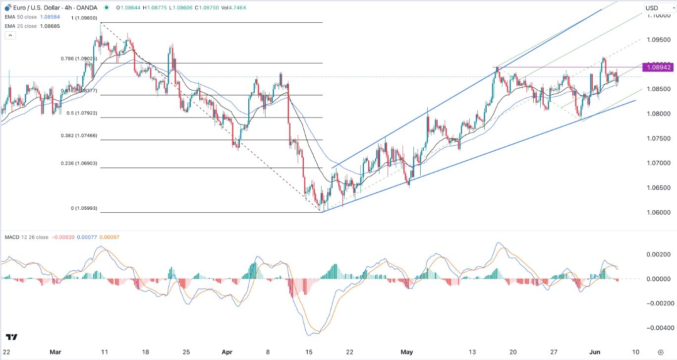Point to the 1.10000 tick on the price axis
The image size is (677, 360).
click(x=658, y=15)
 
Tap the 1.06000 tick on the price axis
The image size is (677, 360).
click(x=658, y=213)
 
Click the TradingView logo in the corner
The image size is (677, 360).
click(x=12, y=337)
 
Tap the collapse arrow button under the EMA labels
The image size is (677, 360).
click(x=10, y=35)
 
